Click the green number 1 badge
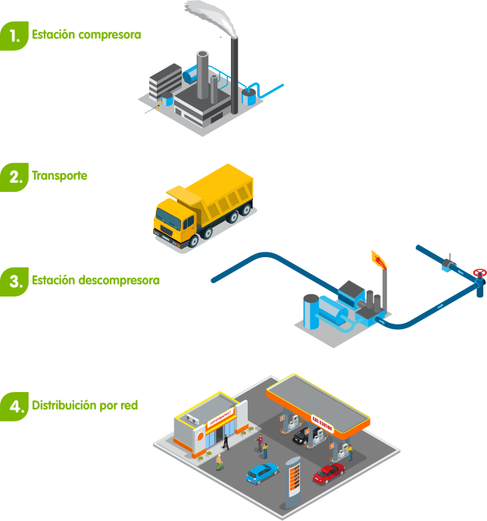pyautogui.click(x=13, y=35)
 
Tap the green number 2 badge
pyautogui.click(x=13, y=177)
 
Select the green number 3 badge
pyautogui.click(x=13, y=281)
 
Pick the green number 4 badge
pyautogui.click(x=13, y=406)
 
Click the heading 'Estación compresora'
pyautogui.click(x=86, y=35)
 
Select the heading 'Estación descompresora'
pyautogui.click(x=95, y=281)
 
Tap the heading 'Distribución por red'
pyautogui.click(x=85, y=406)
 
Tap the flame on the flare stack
pyautogui.click(x=379, y=261)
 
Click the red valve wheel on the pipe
pyautogui.click(x=478, y=272)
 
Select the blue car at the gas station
pyautogui.click(x=262, y=473)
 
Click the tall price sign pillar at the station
pyautogui.click(x=293, y=480)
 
